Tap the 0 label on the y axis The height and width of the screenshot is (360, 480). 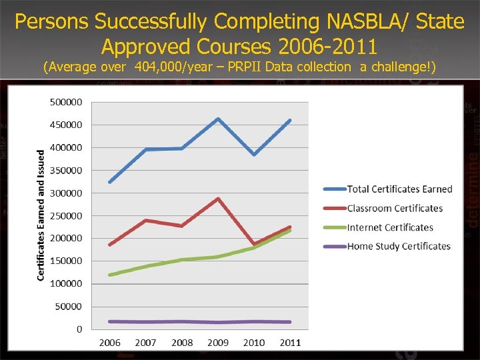point(79,329)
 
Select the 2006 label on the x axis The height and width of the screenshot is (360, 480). point(110,343)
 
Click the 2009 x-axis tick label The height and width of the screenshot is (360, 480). point(218,343)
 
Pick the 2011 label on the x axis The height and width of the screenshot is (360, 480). point(290,343)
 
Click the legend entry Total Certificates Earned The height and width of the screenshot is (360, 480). point(399,189)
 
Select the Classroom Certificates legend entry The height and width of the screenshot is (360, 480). point(395,209)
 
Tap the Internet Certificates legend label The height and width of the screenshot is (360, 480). point(390,227)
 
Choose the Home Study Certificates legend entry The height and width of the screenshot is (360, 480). point(399,246)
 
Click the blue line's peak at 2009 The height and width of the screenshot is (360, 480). point(218,119)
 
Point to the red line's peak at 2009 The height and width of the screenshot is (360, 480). point(218,199)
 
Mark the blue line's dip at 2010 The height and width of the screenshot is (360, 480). point(254,155)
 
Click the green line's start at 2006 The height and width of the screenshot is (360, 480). point(110,275)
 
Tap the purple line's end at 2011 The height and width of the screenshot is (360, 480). point(290,322)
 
